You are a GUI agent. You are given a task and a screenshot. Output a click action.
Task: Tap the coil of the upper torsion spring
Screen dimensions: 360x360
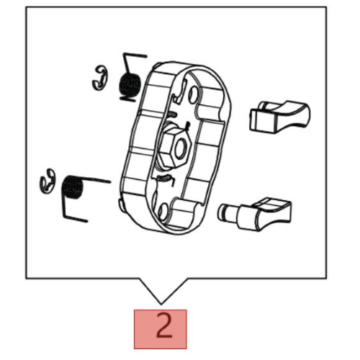[130, 84]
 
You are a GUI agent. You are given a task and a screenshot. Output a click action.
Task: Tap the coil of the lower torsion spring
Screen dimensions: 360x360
[73, 187]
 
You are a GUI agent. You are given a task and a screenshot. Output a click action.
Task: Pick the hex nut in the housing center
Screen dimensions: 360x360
[175, 148]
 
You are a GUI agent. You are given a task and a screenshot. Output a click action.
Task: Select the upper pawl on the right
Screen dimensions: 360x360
[279, 117]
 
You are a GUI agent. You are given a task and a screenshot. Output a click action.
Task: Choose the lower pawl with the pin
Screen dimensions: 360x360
[255, 214]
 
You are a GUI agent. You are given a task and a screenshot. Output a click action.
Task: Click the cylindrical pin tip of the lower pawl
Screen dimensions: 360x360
[225, 212]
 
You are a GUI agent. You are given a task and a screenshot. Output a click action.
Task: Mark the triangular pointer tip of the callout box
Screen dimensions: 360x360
[161, 305]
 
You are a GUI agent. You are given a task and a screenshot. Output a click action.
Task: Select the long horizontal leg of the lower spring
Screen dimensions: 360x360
[95, 179]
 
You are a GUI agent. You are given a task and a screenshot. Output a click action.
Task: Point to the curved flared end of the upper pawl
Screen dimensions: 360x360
[297, 115]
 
